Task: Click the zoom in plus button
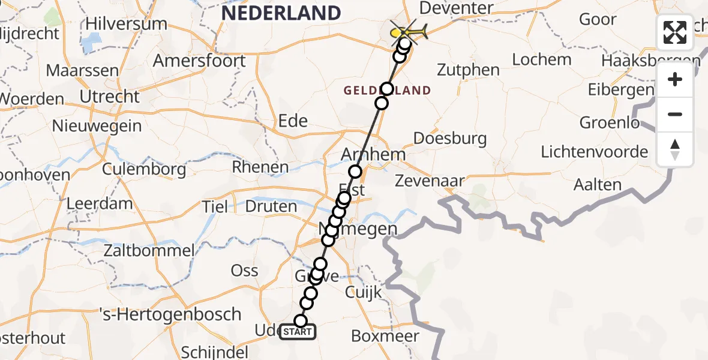click(x=675, y=80)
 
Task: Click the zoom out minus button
click(x=675, y=114)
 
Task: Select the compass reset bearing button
click(x=675, y=149)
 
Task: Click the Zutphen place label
click(x=468, y=70)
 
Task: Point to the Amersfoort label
click(x=199, y=61)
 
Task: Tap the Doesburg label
click(x=450, y=139)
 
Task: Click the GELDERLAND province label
click(x=387, y=91)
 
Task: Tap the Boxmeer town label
click(x=385, y=336)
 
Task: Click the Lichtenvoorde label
click(x=594, y=152)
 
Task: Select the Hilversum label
click(x=126, y=25)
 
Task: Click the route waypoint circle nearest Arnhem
click(x=356, y=172)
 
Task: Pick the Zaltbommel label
click(x=149, y=250)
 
